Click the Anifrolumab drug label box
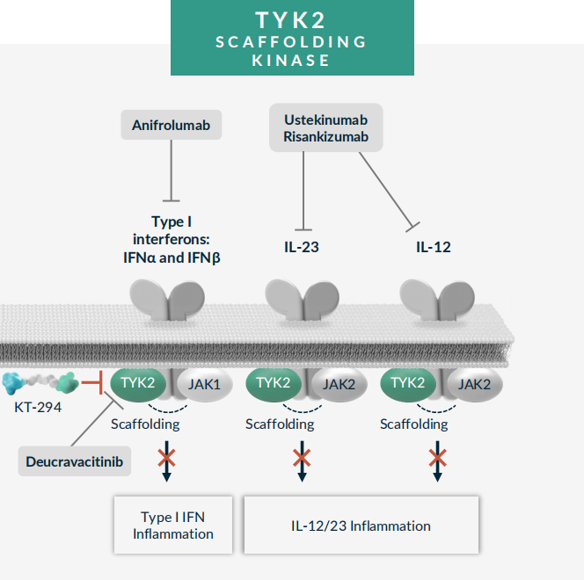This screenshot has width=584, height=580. (171, 126)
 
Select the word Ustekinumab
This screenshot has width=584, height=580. (325, 119)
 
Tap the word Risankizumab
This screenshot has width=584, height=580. (325, 137)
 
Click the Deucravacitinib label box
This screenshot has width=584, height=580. (75, 460)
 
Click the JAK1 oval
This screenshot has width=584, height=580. (204, 383)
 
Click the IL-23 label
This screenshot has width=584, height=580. (301, 247)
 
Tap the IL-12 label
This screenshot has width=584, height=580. (433, 247)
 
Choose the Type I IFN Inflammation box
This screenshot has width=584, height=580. (173, 525)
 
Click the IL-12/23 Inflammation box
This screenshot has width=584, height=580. (361, 526)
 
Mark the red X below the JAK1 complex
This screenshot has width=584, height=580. (166, 457)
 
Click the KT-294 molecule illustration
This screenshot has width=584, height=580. (40, 383)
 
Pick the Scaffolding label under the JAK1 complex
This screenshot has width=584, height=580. (145, 424)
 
